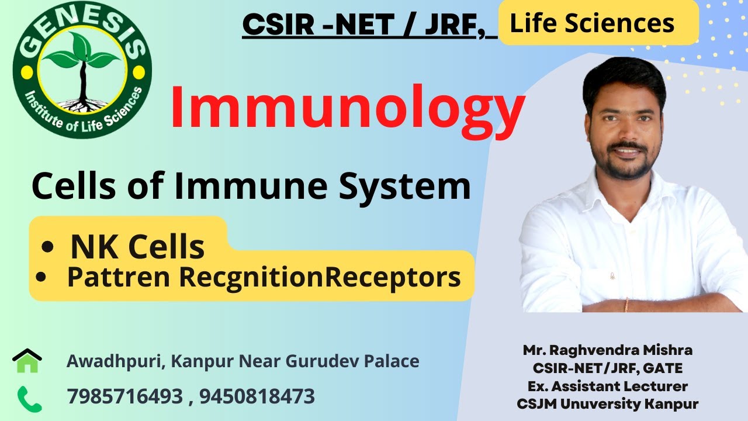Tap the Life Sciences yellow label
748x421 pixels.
tap(592, 23)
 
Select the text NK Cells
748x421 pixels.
tap(137, 247)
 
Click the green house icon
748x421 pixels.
tap(27, 361)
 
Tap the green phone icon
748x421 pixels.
tap(27, 397)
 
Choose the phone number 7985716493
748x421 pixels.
tap(124, 396)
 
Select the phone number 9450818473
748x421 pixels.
tap(257, 396)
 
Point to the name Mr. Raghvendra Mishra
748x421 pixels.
tap(608, 350)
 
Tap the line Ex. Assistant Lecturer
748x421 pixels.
tap(608, 386)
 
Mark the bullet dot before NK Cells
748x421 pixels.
tap(47, 248)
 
